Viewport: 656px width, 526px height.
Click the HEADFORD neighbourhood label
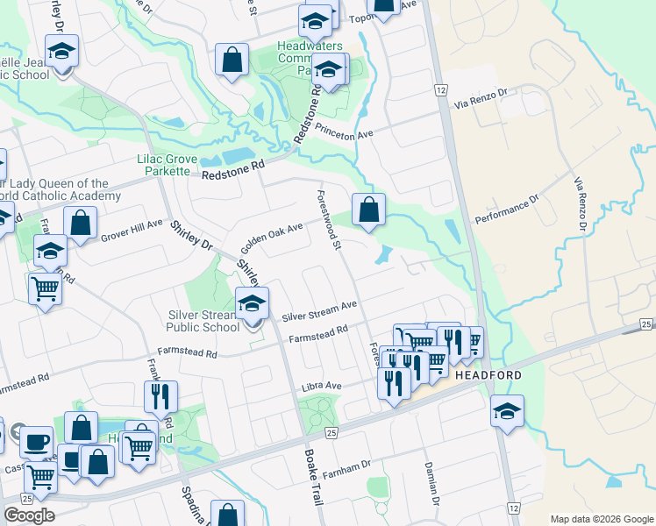pos(488,375)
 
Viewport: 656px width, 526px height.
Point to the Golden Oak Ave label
pos(272,233)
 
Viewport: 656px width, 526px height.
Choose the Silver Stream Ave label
pos(319,310)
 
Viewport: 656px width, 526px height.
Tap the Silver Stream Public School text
pos(203,321)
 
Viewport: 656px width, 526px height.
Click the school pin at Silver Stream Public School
pos(253,305)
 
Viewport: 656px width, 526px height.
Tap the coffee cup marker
pos(36,441)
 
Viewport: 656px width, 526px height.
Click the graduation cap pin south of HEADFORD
pos(507,411)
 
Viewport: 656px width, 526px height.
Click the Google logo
pos(29,515)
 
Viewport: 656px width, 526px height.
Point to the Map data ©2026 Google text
pos(602,519)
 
